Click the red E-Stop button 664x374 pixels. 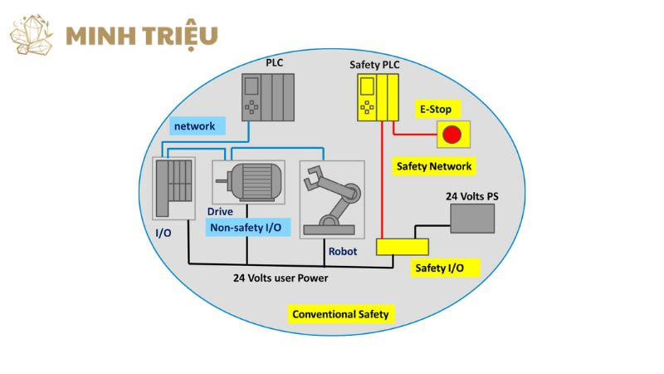pos(452,133)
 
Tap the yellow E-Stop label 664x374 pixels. pos(437,109)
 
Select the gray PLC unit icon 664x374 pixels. pos(267,96)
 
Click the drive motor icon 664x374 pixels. pos(248,181)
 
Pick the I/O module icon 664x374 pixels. pos(174,188)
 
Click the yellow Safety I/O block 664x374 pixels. pos(403,247)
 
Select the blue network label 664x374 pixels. pos(193,126)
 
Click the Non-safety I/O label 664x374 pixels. pos(246,228)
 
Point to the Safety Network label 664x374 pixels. pos(433,166)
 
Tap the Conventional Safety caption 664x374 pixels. pos(340,315)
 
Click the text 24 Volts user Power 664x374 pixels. pos(281,278)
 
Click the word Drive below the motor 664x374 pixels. pos(221,212)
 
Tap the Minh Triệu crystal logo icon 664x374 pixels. pos(32,35)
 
